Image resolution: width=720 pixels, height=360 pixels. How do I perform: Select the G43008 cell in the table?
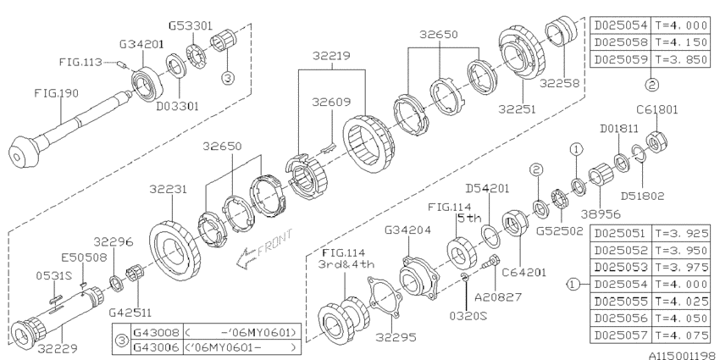pyautogui.click(x=152, y=332)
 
